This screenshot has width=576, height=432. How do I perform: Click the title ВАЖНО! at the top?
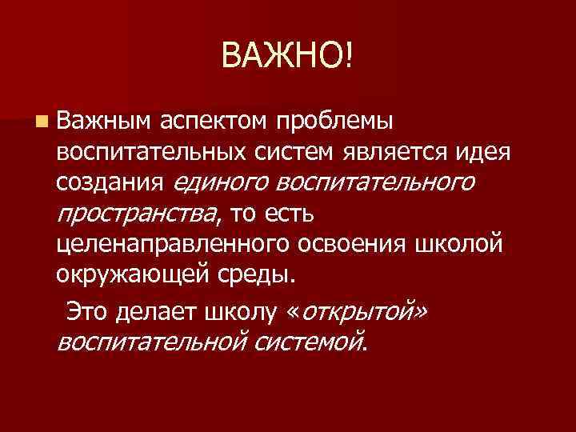tap(287, 56)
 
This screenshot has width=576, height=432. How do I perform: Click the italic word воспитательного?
tap(375, 184)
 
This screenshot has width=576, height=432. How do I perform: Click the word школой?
tap(465, 245)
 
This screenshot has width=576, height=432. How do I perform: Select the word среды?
tap(256, 275)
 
